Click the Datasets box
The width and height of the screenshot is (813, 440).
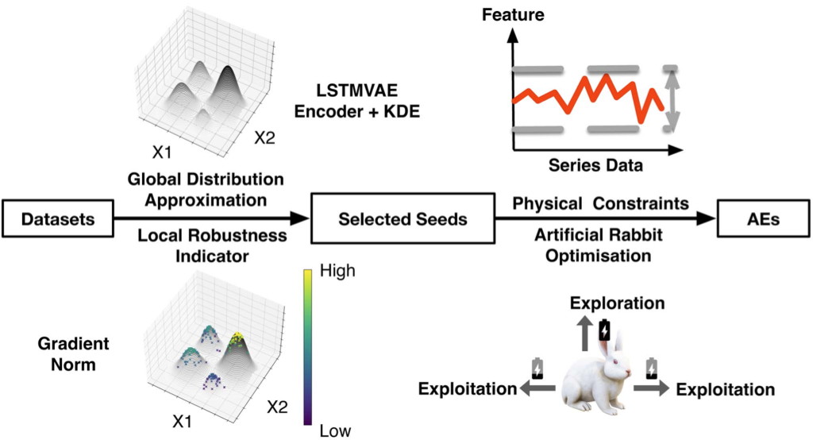(57, 218)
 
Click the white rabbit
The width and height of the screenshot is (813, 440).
(600, 381)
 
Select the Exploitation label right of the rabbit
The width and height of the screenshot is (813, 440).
(725, 389)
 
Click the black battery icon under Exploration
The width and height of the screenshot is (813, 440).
(605, 329)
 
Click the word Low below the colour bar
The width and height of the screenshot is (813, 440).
(335, 430)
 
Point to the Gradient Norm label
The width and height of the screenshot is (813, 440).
(73, 353)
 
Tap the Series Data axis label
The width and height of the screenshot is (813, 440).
(595, 166)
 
